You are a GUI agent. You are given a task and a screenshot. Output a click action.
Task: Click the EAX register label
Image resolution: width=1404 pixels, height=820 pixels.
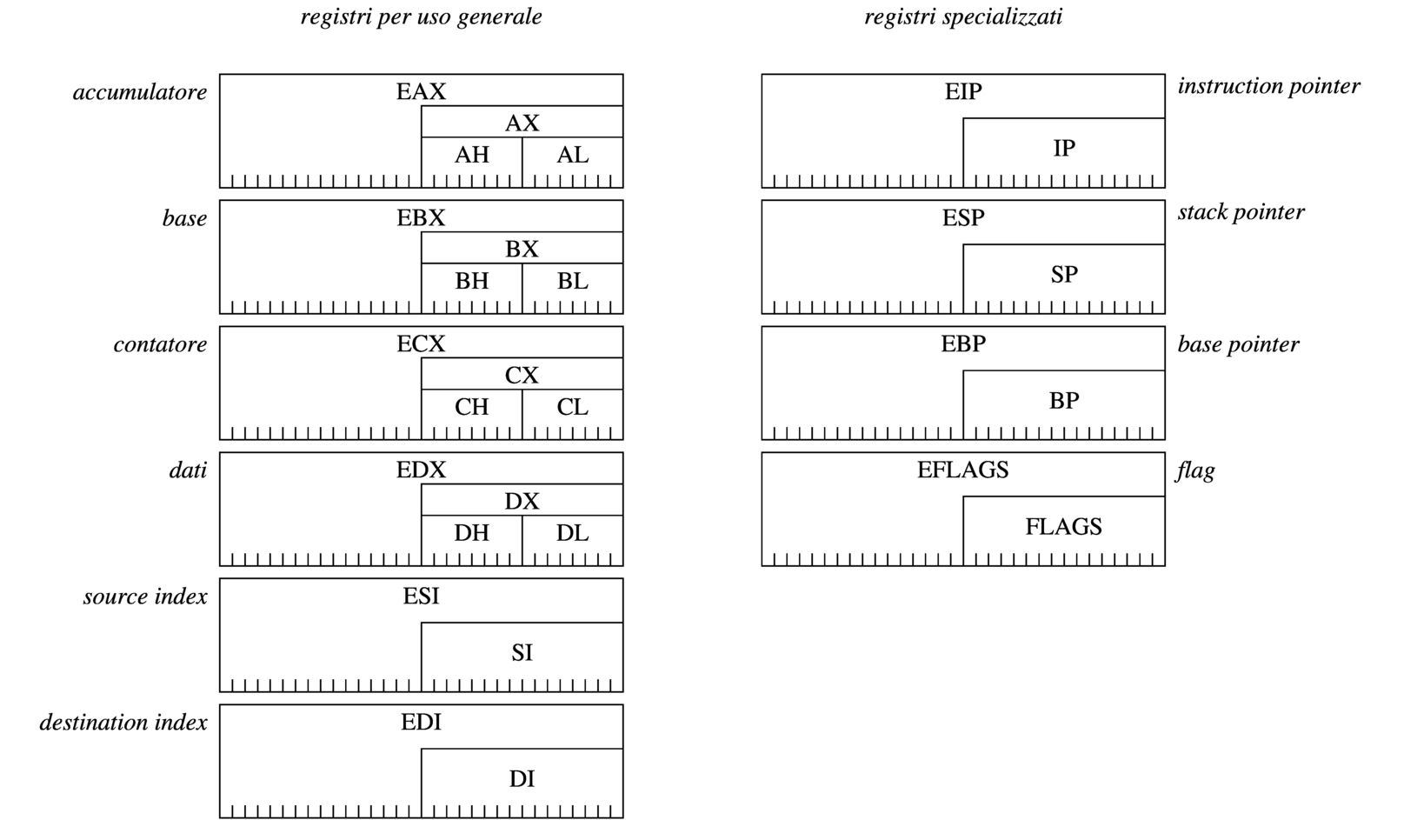click(421, 91)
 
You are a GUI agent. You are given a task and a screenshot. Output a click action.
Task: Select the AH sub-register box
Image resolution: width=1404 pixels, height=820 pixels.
click(471, 156)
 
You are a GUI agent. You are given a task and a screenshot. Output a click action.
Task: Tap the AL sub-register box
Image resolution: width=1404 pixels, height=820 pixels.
click(572, 156)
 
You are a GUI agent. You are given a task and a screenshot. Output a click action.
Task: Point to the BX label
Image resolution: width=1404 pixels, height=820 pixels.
click(522, 250)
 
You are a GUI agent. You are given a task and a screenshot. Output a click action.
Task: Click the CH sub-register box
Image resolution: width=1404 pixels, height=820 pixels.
click(471, 408)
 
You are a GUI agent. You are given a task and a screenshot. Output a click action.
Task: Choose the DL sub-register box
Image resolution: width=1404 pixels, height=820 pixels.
click(572, 534)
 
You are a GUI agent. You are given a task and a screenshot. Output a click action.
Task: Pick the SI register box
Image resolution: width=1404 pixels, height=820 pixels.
click(522, 654)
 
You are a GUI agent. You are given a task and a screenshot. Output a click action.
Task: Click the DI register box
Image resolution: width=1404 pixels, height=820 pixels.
click(522, 780)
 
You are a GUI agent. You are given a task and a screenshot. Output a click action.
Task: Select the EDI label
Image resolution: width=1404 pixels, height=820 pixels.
click(421, 723)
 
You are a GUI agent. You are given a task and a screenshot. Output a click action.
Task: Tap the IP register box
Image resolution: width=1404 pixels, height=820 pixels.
click(1063, 150)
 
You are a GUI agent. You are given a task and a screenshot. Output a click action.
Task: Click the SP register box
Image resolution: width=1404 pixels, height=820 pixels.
click(1063, 276)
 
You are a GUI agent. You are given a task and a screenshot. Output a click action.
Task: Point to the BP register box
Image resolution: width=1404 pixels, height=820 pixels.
click(1063, 402)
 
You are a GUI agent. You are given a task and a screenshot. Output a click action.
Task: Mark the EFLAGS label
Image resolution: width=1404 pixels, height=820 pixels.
click(962, 470)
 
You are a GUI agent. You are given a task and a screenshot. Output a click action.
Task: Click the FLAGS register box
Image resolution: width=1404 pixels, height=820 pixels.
click(1063, 528)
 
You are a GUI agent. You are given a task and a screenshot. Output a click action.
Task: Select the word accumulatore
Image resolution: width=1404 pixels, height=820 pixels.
click(140, 92)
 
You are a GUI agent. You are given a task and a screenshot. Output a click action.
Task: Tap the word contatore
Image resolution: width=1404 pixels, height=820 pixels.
click(160, 344)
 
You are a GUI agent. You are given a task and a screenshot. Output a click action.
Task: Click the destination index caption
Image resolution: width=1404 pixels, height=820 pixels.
click(123, 723)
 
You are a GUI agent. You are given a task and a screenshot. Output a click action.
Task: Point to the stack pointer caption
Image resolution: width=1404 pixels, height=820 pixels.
click(1241, 212)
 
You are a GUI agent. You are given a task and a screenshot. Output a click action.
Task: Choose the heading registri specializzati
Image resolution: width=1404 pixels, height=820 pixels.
click(962, 17)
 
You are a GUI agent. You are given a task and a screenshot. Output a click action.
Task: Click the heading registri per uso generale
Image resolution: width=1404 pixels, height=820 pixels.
click(421, 17)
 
